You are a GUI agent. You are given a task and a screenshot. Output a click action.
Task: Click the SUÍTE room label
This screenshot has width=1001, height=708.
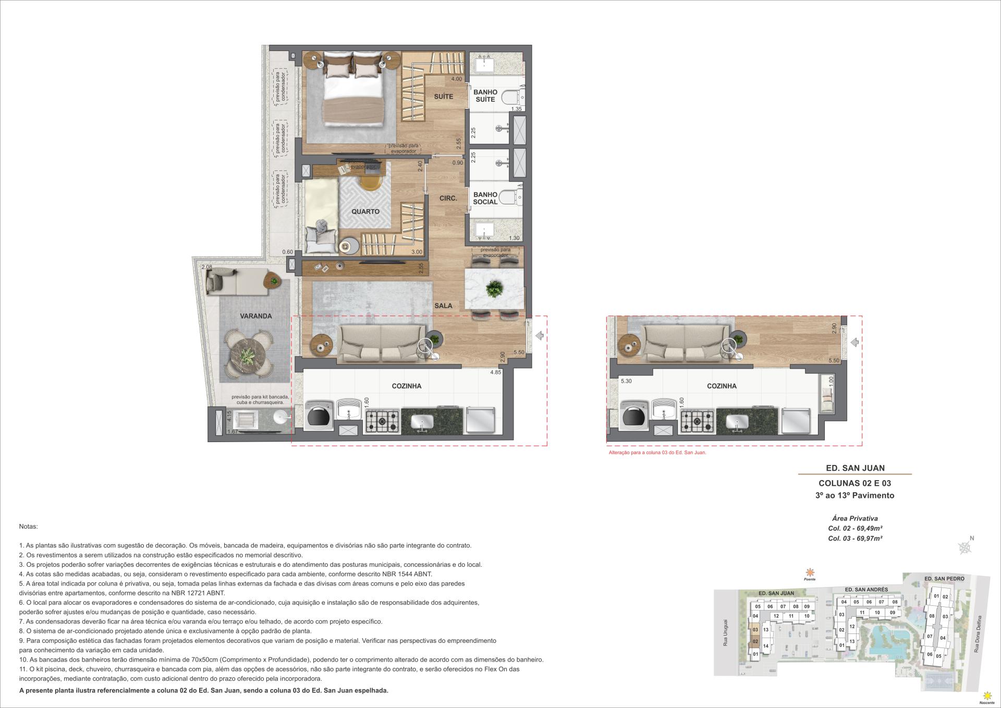coord(443,96)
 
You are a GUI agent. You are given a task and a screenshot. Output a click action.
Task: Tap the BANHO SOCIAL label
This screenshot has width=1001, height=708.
coord(485,198)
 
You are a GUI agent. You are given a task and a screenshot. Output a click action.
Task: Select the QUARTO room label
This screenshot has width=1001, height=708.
coord(365,212)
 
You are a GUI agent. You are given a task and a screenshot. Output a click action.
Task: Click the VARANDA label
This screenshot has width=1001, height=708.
coord(255,316)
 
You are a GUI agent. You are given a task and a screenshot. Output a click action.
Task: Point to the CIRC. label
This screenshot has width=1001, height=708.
coord(448,198)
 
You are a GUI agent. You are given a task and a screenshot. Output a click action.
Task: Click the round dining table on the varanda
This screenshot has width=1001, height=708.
coord(249,353)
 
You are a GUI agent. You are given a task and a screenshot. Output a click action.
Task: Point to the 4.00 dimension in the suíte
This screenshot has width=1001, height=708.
coord(456,79)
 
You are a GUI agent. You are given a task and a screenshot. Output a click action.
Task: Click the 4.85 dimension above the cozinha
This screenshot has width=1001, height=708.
coord(495,372)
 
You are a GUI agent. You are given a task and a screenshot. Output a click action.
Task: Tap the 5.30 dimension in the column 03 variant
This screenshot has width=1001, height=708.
coord(626,381)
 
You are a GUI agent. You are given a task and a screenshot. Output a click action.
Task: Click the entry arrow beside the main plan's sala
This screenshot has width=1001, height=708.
coord(540,336)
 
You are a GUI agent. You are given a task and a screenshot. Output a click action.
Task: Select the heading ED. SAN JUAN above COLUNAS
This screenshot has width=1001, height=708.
coord(855,468)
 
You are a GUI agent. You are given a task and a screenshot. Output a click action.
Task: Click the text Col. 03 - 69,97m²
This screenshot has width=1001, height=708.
coord(855,539)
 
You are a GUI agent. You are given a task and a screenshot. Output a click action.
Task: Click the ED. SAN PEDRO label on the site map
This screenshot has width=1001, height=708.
coord(944,579)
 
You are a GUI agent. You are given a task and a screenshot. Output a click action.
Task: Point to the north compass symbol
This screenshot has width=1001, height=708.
coord(966,546)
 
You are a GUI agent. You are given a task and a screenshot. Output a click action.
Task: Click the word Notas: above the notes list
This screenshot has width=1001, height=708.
coord(28,527)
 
